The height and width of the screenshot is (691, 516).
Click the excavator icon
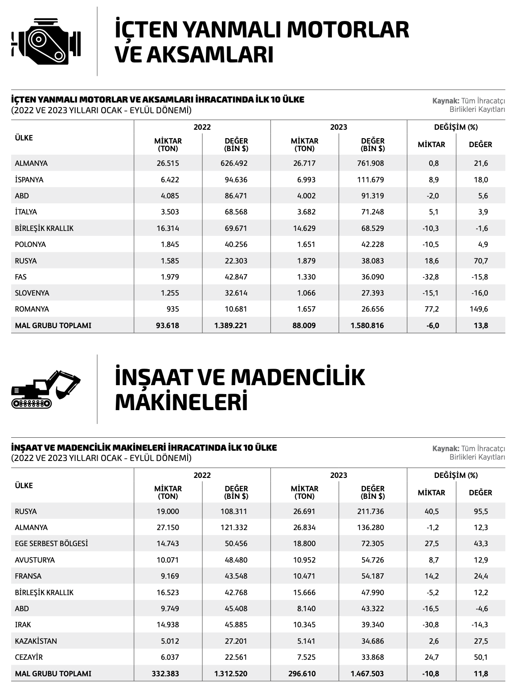(46, 389)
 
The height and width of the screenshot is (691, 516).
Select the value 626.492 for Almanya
(233, 163)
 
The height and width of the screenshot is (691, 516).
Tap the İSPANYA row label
(29, 180)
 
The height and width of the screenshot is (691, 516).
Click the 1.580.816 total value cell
(367, 325)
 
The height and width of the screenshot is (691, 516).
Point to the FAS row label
(21, 277)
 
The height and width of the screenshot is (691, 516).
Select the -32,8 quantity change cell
(431, 277)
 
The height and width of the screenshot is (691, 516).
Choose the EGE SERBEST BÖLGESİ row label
(51, 543)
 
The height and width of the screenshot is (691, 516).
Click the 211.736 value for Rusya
(370, 511)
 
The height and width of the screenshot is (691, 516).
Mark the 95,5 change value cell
(481, 511)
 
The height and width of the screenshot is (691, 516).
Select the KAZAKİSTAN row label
(36, 641)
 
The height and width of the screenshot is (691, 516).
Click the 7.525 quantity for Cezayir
(306, 657)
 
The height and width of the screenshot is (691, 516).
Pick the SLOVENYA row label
(32, 293)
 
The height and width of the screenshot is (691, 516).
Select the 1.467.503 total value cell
(367, 674)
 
